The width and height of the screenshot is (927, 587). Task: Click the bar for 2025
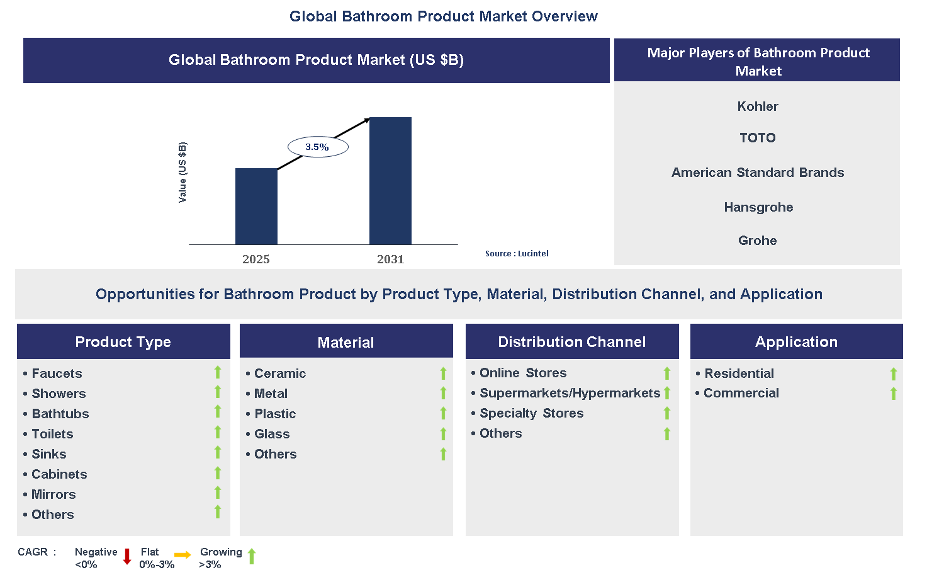coord(256,206)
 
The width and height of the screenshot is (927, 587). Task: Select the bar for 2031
coord(390,181)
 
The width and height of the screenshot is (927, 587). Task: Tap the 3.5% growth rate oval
coord(317,147)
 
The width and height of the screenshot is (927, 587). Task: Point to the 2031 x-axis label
coord(390,259)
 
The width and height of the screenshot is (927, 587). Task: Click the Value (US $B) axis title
coord(183,172)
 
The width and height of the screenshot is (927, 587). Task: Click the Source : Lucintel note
coord(517,253)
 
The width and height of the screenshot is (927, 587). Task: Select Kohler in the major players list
coord(757,106)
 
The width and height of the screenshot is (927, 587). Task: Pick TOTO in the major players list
coord(757,138)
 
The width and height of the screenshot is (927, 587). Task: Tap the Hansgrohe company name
coord(758,207)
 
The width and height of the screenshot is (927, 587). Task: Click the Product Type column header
coord(123,342)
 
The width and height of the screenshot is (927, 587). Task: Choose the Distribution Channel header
coord(571,342)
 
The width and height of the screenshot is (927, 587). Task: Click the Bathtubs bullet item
coord(60,414)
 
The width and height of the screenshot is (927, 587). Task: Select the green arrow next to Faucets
coord(218,372)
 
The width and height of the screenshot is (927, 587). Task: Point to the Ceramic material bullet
coord(279,373)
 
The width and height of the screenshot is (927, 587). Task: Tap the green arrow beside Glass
coord(443,434)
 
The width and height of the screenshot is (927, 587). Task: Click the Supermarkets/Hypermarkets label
coord(570,393)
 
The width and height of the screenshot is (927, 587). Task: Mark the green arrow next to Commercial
coord(893,394)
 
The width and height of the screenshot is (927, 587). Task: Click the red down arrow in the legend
coord(126,556)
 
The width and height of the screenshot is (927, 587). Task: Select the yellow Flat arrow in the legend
coord(183,555)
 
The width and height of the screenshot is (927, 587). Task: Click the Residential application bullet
coord(739,373)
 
